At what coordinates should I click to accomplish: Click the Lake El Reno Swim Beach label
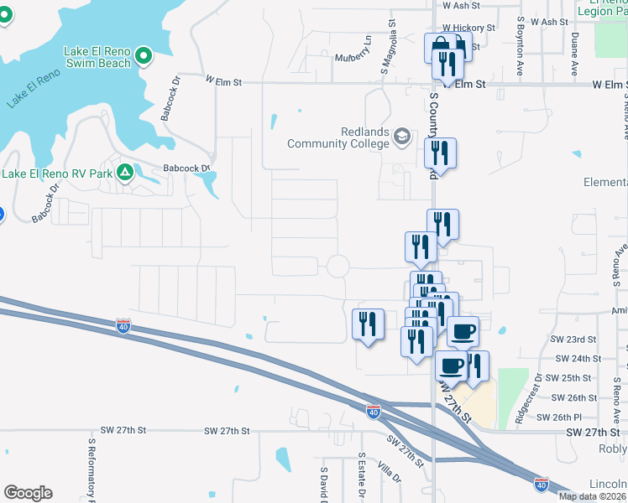(x=97, y=57)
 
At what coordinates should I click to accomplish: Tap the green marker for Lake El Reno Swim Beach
(x=144, y=57)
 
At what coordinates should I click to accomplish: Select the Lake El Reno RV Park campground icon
(x=125, y=173)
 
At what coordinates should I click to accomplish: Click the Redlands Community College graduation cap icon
(x=403, y=137)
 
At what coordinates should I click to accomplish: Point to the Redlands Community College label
(x=340, y=137)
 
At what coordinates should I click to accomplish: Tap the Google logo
(x=28, y=493)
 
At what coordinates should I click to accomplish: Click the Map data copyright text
(x=591, y=496)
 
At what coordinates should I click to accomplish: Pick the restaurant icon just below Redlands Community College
(x=440, y=154)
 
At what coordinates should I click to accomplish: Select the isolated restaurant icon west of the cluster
(x=368, y=324)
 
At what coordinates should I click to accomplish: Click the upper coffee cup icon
(x=463, y=332)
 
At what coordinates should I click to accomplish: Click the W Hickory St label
(x=469, y=28)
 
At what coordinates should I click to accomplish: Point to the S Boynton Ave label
(x=521, y=39)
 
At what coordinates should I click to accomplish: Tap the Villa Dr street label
(x=389, y=473)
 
